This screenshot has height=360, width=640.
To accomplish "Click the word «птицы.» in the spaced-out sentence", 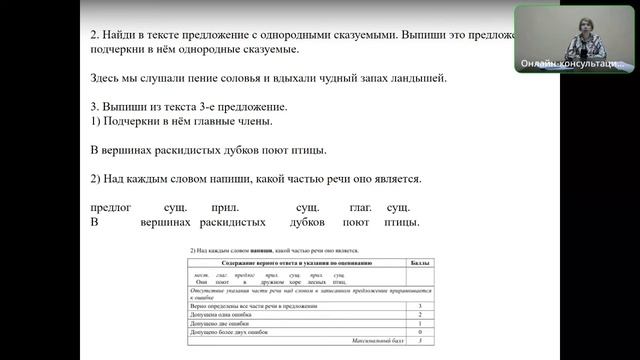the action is click(399, 222).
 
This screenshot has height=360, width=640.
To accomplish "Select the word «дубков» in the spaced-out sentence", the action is click(311, 222).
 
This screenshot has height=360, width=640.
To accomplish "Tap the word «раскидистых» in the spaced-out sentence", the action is click(233, 222).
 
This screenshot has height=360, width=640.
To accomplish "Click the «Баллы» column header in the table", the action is click(420, 261).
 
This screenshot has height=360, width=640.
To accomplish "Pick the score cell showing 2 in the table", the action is click(420, 314).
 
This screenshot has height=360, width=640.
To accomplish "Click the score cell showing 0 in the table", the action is click(420, 332).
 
